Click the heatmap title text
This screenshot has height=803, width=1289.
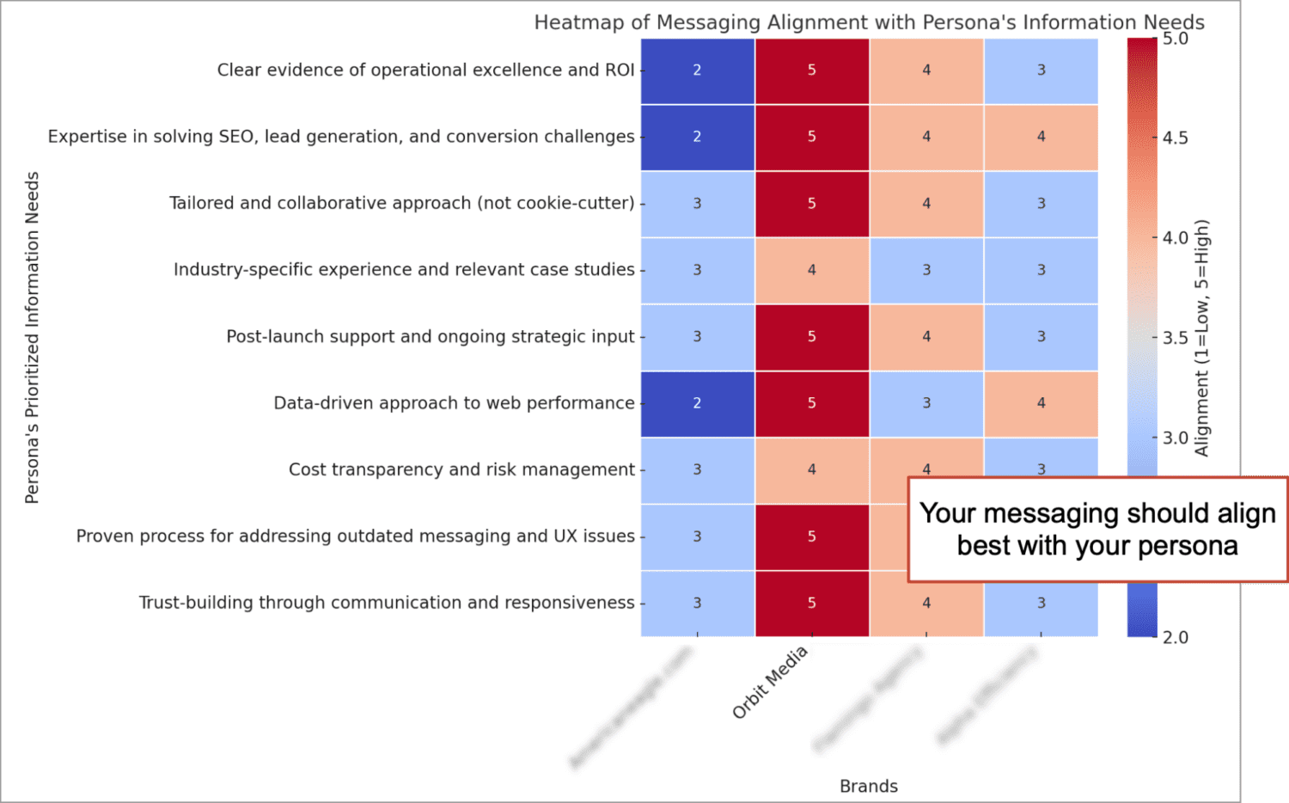pyautogui.click(x=869, y=22)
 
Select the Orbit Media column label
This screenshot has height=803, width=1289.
pyautogui.click(x=770, y=682)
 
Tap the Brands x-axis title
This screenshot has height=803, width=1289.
pyautogui.click(x=868, y=786)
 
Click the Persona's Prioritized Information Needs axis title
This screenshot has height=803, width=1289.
pyautogui.click(x=32, y=337)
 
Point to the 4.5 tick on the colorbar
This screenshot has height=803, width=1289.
pyautogui.click(x=1175, y=138)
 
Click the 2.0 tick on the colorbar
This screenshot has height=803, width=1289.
pyautogui.click(x=1175, y=637)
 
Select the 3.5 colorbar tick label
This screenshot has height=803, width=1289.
pyautogui.click(x=1175, y=338)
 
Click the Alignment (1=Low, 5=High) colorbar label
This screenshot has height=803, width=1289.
pyautogui.click(x=1201, y=337)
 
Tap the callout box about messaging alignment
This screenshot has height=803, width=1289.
pyautogui.click(x=1097, y=530)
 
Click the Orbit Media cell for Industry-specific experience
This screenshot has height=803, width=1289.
pyautogui.click(x=811, y=270)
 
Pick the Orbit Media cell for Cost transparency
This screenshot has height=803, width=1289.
pyautogui.click(x=811, y=469)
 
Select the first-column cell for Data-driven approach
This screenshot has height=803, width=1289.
pyautogui.click(x=697, y=403)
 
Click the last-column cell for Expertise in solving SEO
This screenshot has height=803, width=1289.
pyautogui.click(x=1041, y=137)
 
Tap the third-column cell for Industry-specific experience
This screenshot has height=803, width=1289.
pyautogui.click(x=926, y=270)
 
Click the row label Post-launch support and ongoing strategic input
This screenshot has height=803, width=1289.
pyautogui.click(x=430, y=336)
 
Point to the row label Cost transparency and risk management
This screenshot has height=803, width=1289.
pyautogui.click(x=461, y=469)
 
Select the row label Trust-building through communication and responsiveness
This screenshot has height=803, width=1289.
pyautogui.click(x=387, y=603)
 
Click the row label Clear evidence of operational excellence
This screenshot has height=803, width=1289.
pyautogui.click(x=425, y=70)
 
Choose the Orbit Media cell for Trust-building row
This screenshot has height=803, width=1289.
pyautogui.click(x=811, y=603)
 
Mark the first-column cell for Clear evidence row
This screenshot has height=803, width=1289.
pyautogui.click(x=697, y=70)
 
